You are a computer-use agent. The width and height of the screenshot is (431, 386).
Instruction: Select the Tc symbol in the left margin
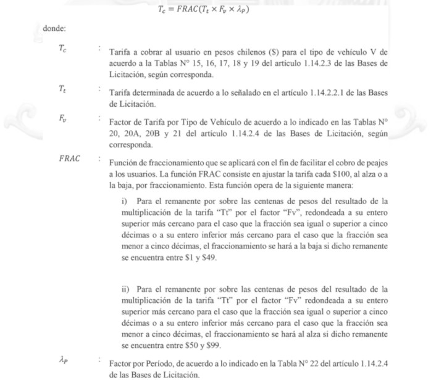(x=63, y=49)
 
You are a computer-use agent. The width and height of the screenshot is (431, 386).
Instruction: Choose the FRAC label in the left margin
(x=70, y=158)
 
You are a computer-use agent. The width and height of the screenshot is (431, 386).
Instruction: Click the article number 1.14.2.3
(x=319, y=63)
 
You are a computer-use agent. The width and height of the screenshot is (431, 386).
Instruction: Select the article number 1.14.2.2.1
(x=306, y=92)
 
